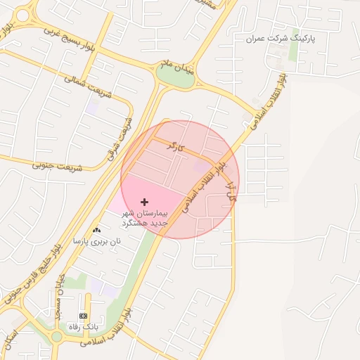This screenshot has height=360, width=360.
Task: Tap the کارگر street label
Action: [x=175, y=147]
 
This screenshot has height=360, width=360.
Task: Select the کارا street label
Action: [x=229, y=191]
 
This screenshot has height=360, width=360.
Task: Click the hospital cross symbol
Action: [x=145, y=202]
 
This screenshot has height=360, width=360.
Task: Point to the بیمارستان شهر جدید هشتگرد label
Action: [x=144, y=217]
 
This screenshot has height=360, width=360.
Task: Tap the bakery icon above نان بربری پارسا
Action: [x=96, y=230]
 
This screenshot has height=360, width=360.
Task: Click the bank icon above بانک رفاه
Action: [x=84, y=316]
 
